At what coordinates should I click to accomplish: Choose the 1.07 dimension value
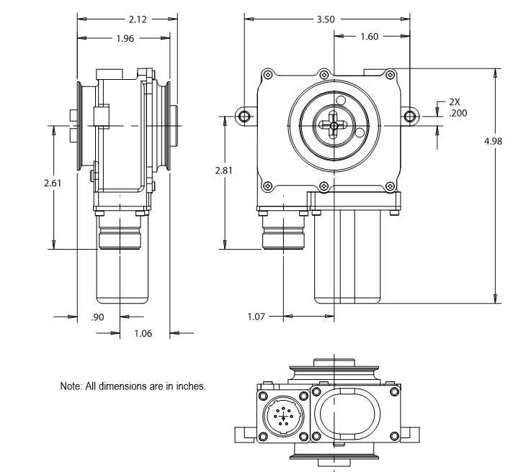pos(256,316)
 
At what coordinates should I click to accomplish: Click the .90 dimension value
pos(98,316)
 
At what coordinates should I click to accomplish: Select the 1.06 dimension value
pos(144,333)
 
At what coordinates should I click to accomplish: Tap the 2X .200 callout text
pos(455,108)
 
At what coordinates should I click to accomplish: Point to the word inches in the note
pos(192,386)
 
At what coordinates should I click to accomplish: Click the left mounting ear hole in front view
pos(245,116)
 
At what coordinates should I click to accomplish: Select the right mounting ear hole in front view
pos(410,116)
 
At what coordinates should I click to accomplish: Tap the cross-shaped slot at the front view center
pos(334,124)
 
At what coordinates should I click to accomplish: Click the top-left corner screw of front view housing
pos(268,73)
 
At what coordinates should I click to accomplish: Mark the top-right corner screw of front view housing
pos(390,73)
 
